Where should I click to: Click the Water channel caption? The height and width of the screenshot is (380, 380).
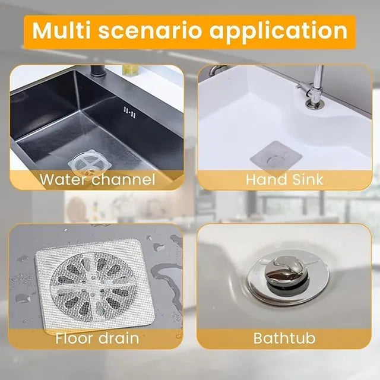point(97,179)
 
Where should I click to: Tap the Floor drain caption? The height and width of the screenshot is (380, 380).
point(97,339)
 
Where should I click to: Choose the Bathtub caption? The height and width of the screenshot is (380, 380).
point(285,339)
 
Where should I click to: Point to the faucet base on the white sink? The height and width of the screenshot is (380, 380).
point(314,104)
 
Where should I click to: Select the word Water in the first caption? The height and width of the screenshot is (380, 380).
point(62,179)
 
